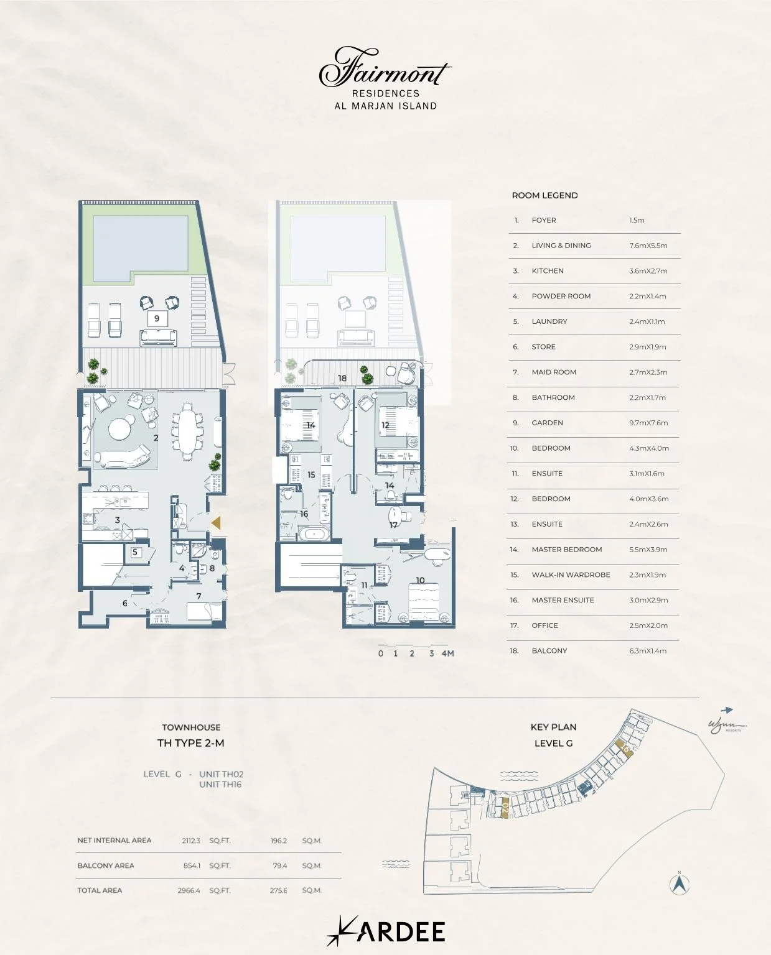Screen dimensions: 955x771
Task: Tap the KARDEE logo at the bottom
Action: [386, 931]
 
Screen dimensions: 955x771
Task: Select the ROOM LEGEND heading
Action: [544, 195]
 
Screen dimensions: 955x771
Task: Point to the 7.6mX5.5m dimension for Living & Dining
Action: [648, 246]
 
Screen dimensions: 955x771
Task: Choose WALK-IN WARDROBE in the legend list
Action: [571, 574]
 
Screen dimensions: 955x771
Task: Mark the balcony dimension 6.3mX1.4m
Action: [647, 650]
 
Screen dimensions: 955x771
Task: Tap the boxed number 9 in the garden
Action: [157, 318]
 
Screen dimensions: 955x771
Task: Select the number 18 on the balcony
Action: [342, 378]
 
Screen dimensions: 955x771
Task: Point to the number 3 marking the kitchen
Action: [117, 520]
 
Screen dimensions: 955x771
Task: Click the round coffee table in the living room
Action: [119, 428]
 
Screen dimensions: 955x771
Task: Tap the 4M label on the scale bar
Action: [447, 653]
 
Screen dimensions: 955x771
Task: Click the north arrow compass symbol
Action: [680, 883]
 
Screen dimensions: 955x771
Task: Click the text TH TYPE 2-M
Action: [190, 743]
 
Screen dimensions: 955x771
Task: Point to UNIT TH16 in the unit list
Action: [220, 785]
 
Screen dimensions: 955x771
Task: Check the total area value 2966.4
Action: [189, 890]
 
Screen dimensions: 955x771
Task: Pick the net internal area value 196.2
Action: [279, 841]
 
